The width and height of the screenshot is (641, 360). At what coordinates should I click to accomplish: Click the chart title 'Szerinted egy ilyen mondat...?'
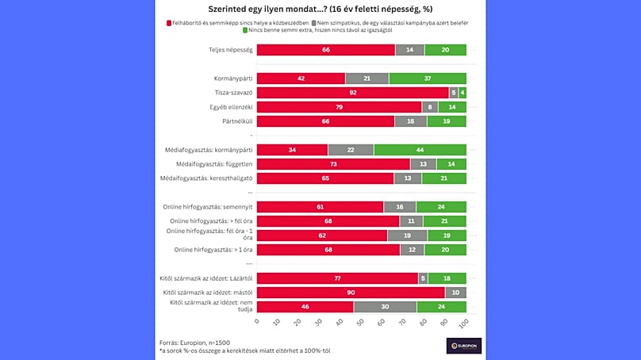point(320,10)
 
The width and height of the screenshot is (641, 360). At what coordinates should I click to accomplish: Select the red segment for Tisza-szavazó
point(353,93)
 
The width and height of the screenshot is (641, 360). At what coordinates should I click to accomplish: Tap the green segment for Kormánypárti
point(428,79)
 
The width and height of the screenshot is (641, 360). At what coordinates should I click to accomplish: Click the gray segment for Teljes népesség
point(409,50)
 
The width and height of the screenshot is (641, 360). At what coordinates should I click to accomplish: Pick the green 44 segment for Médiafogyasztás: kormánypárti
point(420,150)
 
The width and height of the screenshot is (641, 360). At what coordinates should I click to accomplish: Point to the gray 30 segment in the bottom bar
point(385,306)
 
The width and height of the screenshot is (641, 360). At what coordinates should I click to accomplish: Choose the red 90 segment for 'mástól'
point(351,293)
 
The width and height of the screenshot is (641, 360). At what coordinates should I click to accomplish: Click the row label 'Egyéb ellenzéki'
point(228,107)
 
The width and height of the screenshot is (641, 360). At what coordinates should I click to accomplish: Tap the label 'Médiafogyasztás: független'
point(214,164)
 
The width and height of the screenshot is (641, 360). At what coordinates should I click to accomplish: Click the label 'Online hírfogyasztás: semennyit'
point(211,207)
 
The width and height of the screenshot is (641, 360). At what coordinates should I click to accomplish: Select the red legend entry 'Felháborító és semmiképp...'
point(238,23)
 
